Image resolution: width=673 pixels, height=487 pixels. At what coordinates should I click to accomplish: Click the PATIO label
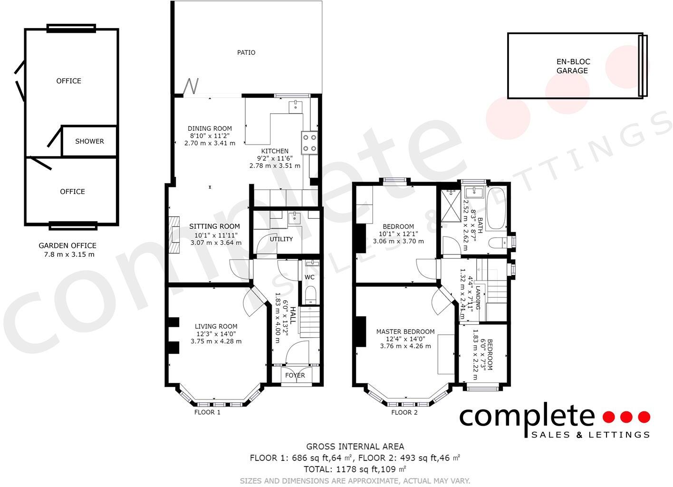point(246,52)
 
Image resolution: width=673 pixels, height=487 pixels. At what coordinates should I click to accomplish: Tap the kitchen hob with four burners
point(309,142)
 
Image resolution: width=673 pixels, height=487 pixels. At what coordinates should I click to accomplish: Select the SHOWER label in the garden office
point(89,141)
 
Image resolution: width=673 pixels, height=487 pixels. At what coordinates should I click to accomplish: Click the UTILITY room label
point(281,239)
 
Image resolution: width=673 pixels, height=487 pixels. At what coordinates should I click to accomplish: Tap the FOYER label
point(295,375)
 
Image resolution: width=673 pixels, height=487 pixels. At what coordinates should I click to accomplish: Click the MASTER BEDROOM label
point(405,331)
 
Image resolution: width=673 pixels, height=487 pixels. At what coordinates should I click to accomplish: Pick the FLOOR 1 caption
point(207,412)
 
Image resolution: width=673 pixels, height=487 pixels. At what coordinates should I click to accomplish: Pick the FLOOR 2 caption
point(404,412)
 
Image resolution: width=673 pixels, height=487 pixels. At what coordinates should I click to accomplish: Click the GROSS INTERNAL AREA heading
point(355,447)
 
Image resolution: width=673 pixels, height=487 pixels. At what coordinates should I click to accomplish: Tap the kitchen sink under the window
point(296,105)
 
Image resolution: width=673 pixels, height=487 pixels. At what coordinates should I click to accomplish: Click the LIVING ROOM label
point(216,326)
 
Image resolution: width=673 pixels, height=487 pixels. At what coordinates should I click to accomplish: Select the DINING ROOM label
point(210,128)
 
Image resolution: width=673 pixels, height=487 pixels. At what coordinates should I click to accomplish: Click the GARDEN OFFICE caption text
point(67,245)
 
